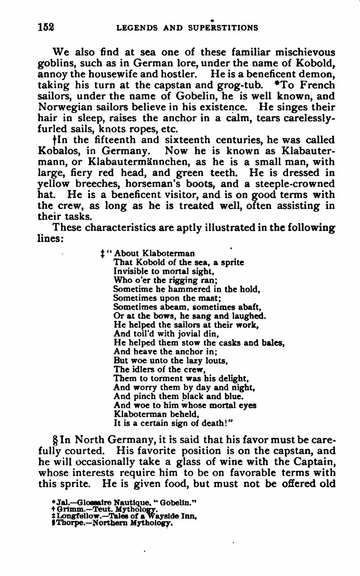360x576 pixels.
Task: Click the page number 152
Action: [46, 27]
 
